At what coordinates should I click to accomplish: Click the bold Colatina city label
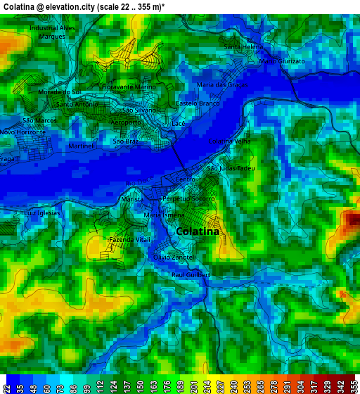point(198,231)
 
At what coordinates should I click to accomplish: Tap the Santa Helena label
point(243,46)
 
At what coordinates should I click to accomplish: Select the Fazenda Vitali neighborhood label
point(129,240)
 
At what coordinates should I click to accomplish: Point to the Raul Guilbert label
point(191,274)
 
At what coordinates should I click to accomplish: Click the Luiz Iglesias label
point(42,212)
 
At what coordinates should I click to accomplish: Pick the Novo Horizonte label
point(22,132)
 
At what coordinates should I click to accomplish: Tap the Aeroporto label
point(126,123)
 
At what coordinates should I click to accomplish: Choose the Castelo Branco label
point(198,103)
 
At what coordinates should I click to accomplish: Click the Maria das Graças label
point(222,84)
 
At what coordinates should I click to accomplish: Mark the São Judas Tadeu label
point(230,169)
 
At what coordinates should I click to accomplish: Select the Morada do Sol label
point(60,92)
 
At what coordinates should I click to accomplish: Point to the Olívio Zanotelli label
point(174,258)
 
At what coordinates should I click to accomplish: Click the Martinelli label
point(82,146)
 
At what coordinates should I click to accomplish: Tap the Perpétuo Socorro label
point(188,199)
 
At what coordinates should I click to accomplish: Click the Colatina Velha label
point(229,141)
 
